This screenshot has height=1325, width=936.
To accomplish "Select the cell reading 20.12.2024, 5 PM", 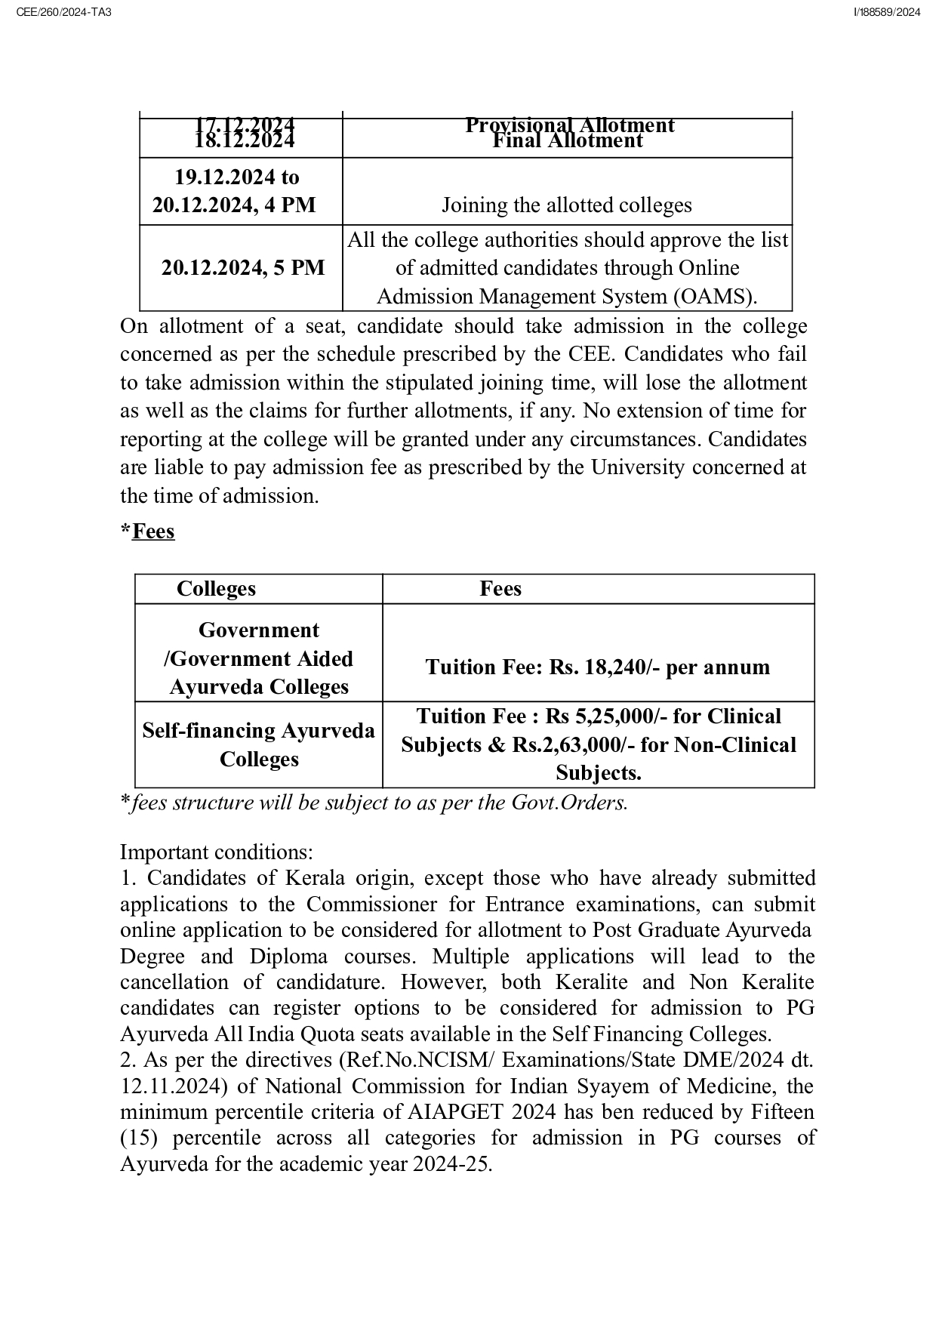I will tap(242, 268).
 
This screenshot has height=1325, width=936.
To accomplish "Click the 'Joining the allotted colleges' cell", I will tap(566, 205).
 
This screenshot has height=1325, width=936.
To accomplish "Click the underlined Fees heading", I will tap(152, 532).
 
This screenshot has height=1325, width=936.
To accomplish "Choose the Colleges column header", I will tap(216, 589).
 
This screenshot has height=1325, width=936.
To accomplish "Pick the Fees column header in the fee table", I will tap(500, 589).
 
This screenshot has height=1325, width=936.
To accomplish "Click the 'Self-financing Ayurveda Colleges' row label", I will tap(258, 745).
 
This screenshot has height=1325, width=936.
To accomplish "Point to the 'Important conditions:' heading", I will tap(216, 852).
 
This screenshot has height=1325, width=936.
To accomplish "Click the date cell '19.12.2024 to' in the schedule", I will tap(236, 177).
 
